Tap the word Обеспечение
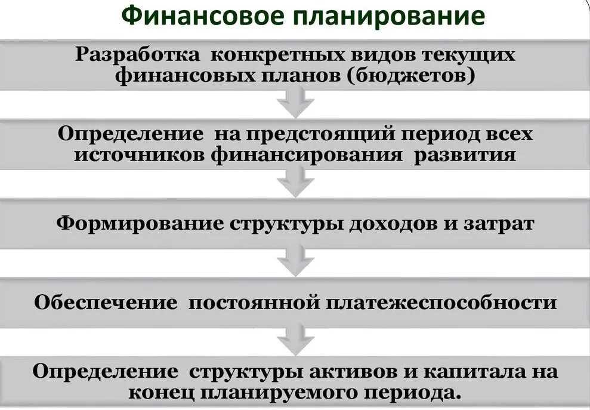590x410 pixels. [x=106, y=302]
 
